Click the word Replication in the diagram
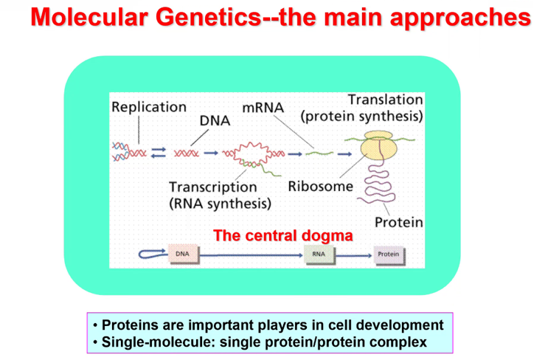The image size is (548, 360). [149, 107]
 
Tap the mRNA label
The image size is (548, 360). [263, 108]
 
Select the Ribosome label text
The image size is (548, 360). [321, 187]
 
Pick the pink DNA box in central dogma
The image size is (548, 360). [184, 254]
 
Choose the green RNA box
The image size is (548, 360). [319, 255]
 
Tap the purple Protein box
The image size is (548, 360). [389, 255]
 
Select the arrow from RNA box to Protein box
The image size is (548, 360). [354, 256]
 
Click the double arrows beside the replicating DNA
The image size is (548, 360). [159, 153]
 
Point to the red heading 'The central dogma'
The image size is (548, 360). [282, 235]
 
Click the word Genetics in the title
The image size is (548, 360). [208, 18]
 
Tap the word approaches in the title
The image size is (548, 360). [461, 18]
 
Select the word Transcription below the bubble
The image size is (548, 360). [213, 187]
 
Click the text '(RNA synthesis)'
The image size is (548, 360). [221, 204]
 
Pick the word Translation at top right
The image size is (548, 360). [386, 100]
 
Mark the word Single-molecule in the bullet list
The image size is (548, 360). [158, 342]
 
